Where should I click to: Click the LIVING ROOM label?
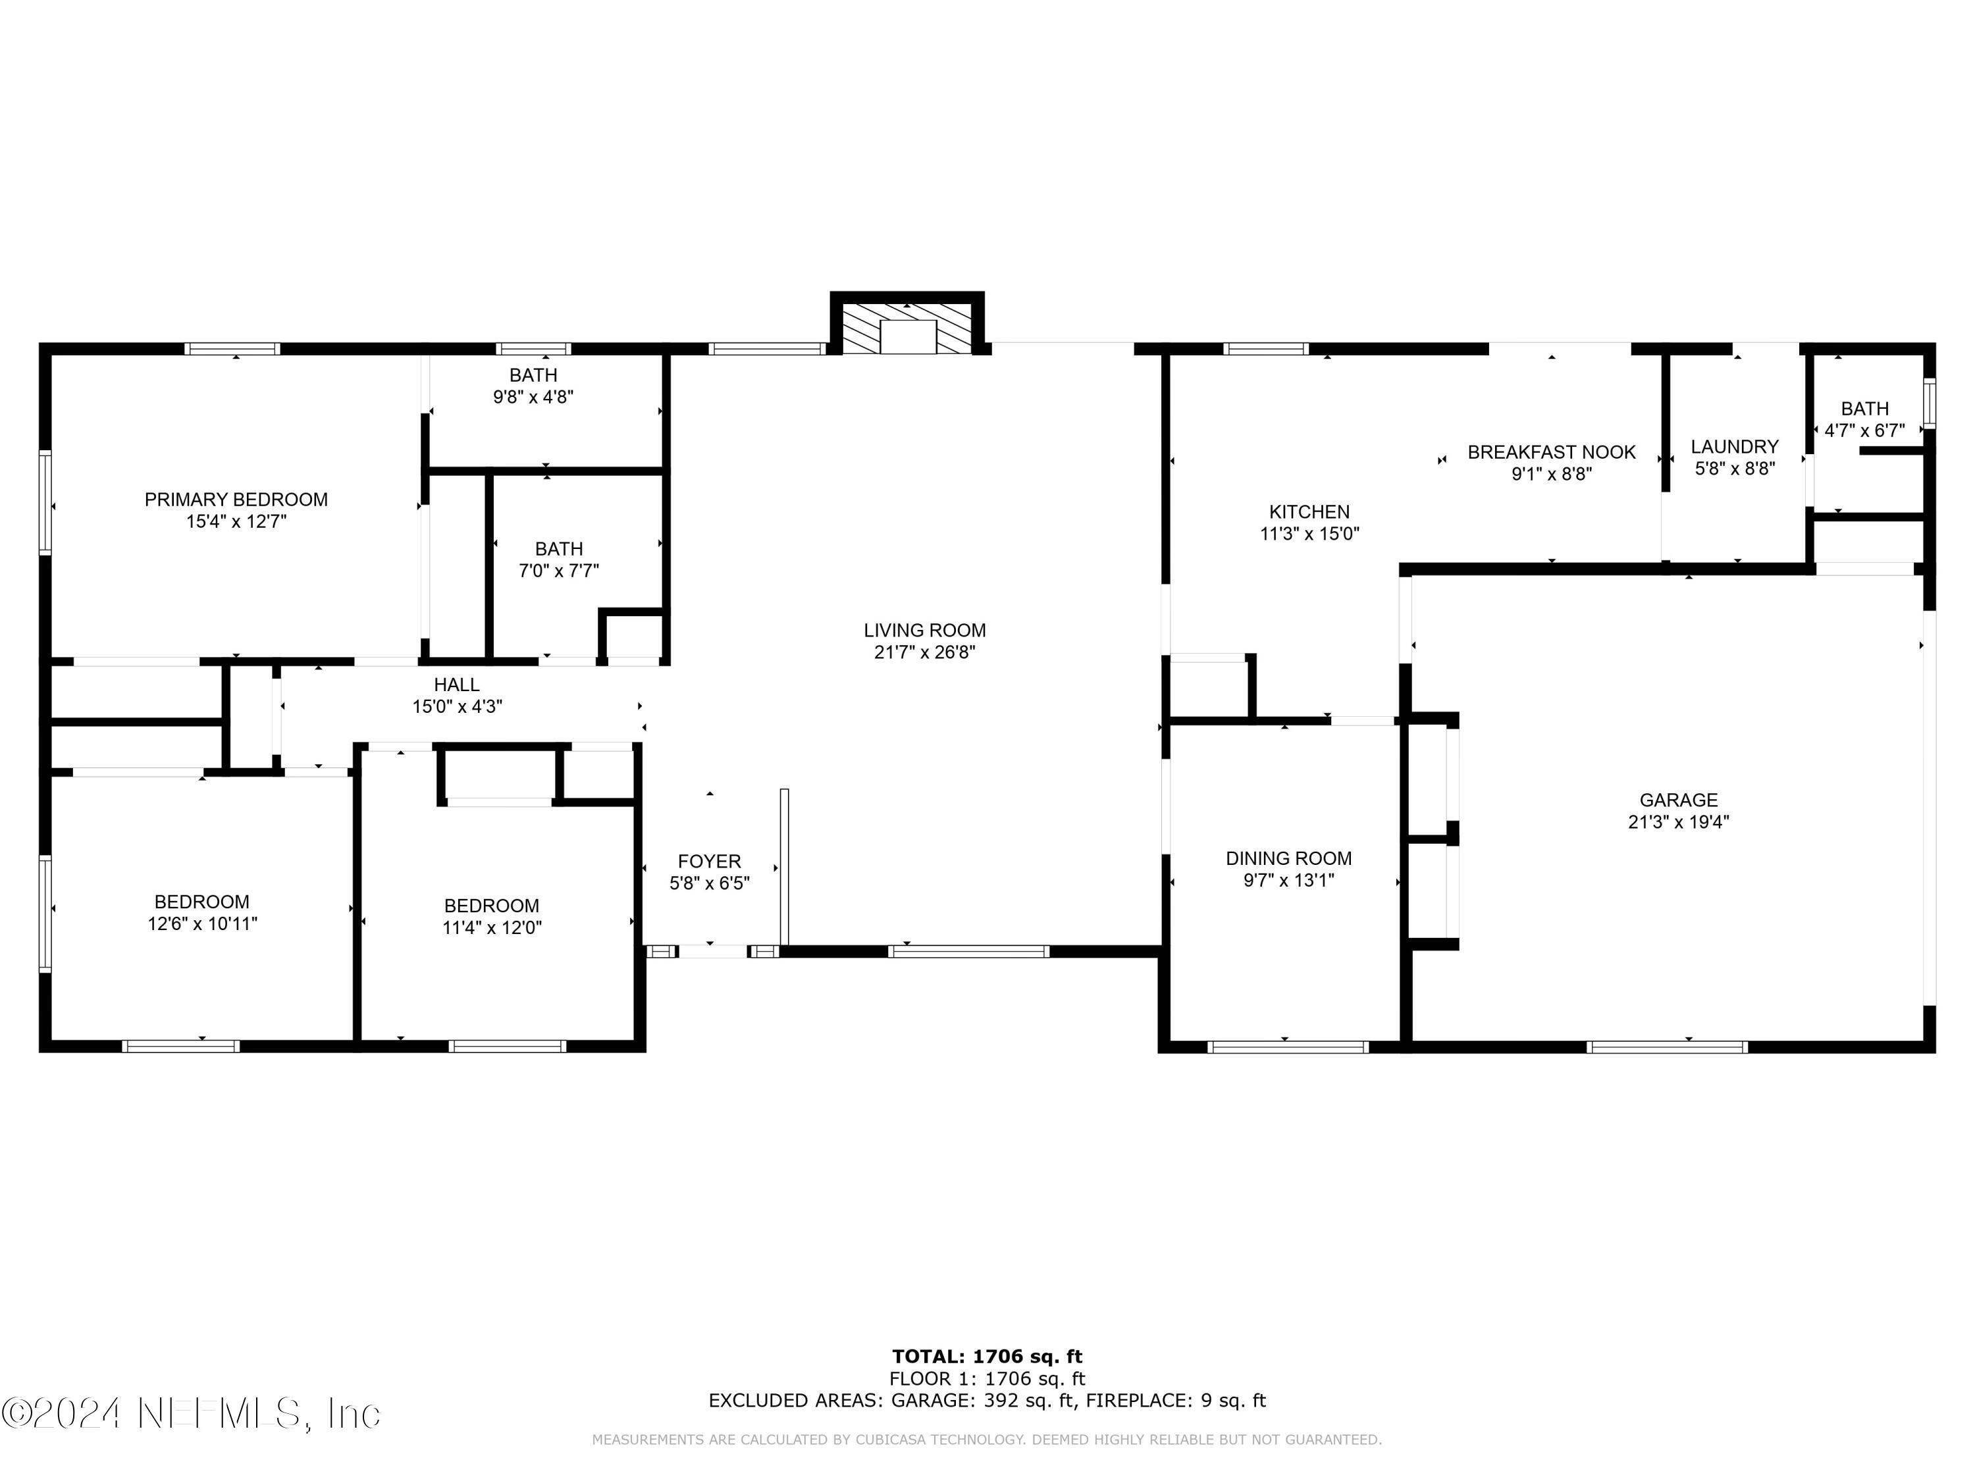coord(924,631)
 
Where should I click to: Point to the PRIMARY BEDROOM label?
coord(236,500)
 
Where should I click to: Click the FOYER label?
coord(709,862)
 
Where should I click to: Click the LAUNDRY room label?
coord(1734,446)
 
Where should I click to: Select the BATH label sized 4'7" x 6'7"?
coord(1864,409)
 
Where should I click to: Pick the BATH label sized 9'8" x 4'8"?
coord(533,376)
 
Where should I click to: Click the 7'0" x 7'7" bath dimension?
coord(559,571)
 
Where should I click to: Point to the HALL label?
coord(456,685)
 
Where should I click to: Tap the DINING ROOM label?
coord(1288,859)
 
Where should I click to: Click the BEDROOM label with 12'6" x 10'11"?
coord(202,902)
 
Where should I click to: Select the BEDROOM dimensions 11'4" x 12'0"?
coord(492,927)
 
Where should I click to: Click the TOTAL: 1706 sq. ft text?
coord(987,1357)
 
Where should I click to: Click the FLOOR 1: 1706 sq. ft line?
coord(987,1379)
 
